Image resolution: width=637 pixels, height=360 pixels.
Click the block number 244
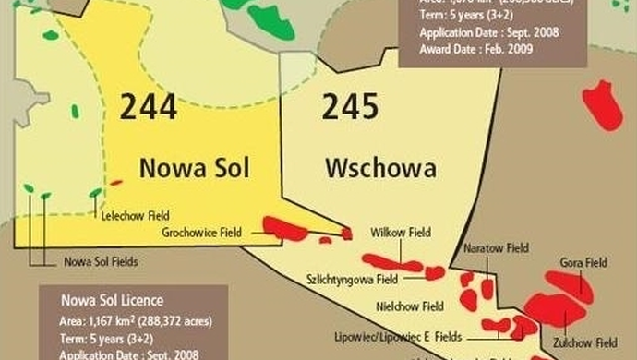[147, 107]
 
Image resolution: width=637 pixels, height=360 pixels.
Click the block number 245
[350, 107]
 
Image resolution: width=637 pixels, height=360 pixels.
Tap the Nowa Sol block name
[194, 168]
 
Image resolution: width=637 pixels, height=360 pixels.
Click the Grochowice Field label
[201, 233]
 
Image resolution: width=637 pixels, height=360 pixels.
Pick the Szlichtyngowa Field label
[352, 278]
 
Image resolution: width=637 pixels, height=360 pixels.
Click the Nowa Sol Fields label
[101, 261]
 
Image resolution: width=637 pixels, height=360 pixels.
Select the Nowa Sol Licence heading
[112, 301]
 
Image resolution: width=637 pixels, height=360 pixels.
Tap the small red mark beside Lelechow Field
[115, 183]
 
